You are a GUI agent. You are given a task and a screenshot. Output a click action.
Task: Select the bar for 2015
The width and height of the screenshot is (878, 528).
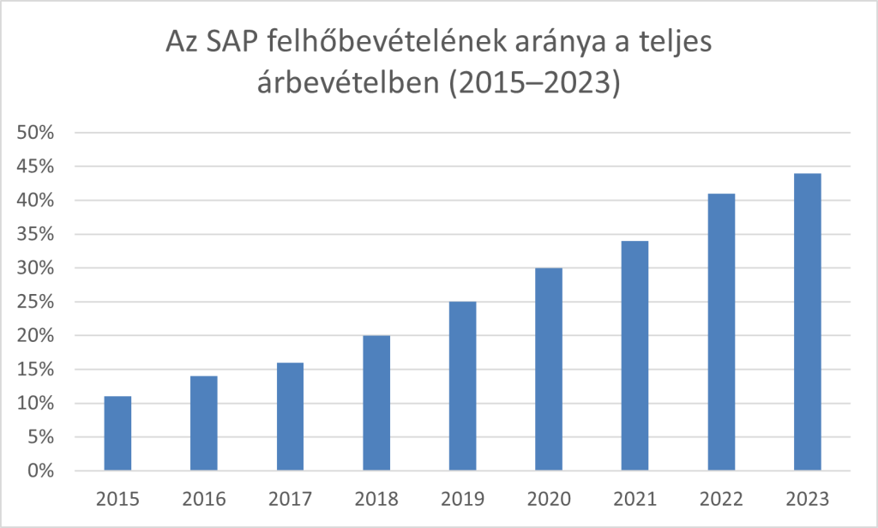[x=117, y=434]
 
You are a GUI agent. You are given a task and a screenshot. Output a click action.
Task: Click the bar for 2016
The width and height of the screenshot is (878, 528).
[x=203, y=423]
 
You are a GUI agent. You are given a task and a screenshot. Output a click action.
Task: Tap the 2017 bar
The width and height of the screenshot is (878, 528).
[x=290, y=417]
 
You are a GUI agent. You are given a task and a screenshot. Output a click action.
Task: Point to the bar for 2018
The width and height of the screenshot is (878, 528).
[x=376, y=403]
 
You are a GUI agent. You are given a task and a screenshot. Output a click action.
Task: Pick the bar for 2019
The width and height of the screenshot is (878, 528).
[x=462, y=386]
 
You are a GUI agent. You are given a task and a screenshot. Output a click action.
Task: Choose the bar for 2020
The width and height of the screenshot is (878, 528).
[x=549, y=369]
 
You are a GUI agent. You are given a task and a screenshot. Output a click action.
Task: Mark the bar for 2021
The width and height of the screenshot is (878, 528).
[x=634, y=356]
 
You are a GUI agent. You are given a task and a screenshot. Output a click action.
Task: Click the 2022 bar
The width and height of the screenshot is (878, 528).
[x=721, y=333]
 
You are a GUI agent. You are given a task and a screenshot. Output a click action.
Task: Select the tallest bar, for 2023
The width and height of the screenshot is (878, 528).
[x=807, y=322]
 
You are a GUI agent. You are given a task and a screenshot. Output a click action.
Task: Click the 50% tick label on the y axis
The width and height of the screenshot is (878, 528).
[x=37, y=133]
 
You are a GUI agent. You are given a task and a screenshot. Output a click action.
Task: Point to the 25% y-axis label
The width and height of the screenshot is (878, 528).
[x=37, y=302]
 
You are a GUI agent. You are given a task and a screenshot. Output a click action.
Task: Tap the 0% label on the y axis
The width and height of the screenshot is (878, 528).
[x=41, y=471]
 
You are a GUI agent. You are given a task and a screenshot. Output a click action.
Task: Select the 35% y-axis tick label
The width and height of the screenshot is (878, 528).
[x=37, y=234]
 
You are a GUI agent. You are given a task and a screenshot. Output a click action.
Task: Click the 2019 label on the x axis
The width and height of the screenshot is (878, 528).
[x=462, y=497]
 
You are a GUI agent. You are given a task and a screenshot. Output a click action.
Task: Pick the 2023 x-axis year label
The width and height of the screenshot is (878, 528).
[x=807, y=497]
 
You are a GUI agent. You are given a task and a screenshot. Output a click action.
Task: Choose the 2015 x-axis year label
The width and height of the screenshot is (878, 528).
[x=117, y=497]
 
